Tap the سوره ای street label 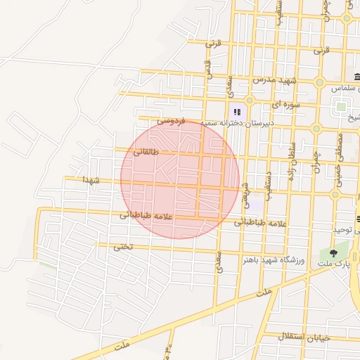[266, 104]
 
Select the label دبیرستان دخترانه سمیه [236, 123]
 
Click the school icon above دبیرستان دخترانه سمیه [237, 111]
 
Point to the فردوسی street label [170, 121]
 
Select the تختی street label [122, 246]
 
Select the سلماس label [346, 89]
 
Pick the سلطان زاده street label [289, 169]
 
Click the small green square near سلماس [341, 107]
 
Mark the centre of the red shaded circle [180, 179]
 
